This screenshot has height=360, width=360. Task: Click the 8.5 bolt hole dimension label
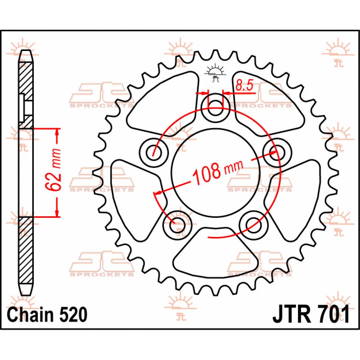244,86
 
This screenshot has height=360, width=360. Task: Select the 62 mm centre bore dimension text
53,170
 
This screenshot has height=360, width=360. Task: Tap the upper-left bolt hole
154,152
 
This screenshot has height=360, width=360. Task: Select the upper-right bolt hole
277,152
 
